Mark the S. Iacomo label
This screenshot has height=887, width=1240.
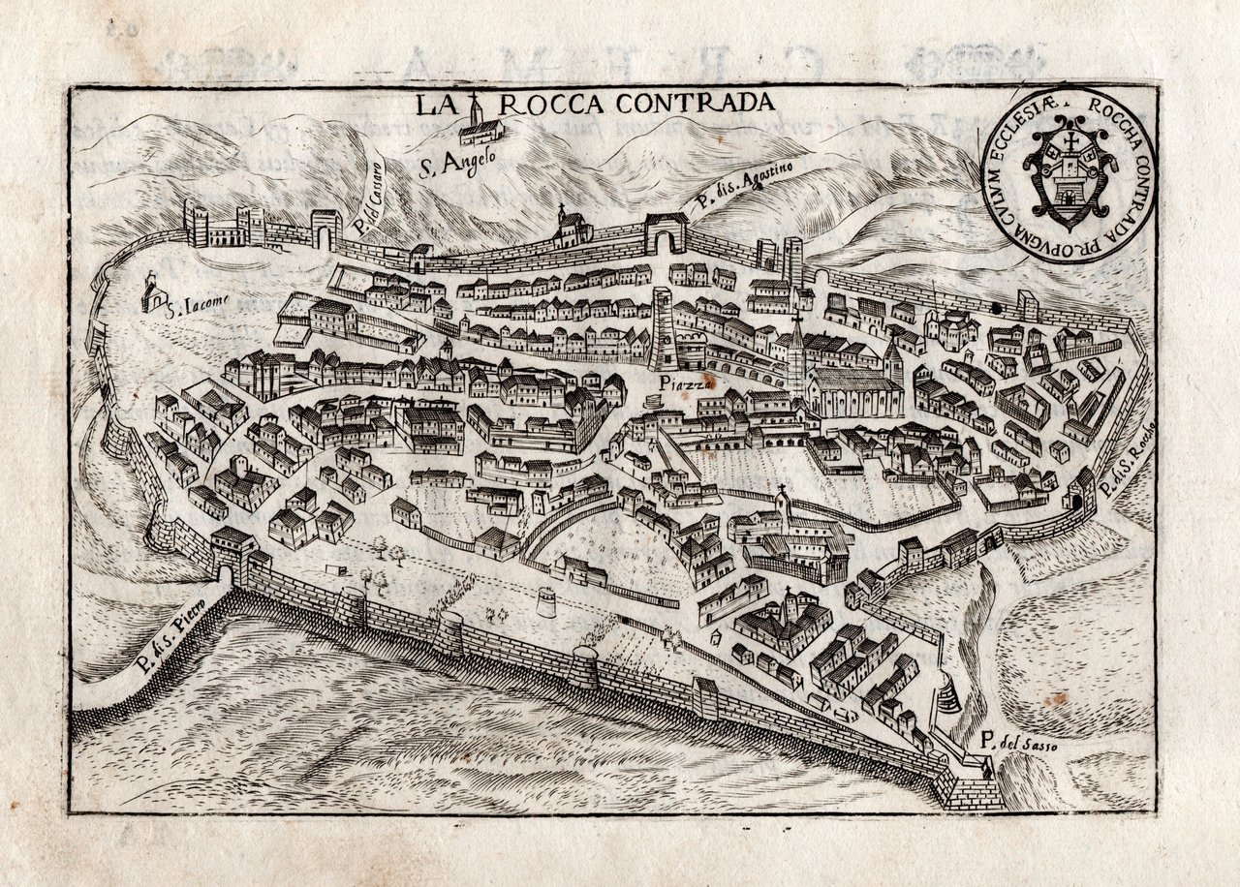(x=198, y=310)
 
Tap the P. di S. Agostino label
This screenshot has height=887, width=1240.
(x=744, y=186)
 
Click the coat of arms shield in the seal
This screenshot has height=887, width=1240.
(x=1069, y=174)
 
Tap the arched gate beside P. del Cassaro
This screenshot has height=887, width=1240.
(x=325, y=232)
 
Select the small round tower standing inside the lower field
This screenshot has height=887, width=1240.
(x=546, y=602)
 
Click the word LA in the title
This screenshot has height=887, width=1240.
(x=434, y=105)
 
